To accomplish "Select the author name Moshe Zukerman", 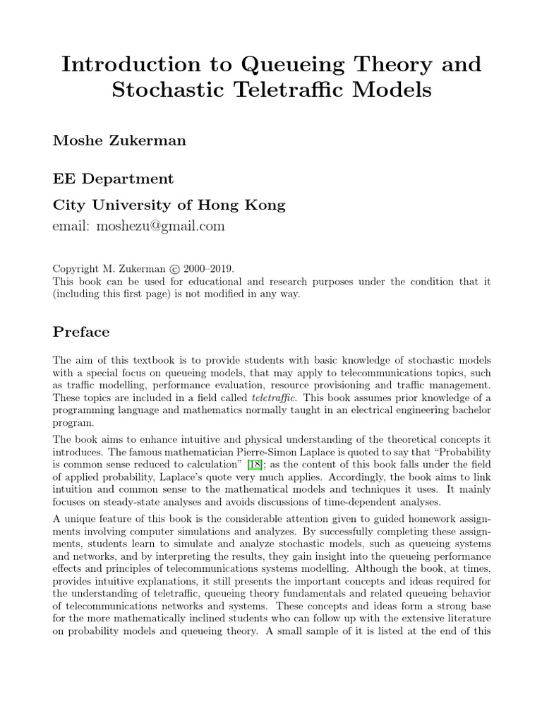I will (119, 140).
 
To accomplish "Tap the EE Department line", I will (114, 179).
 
